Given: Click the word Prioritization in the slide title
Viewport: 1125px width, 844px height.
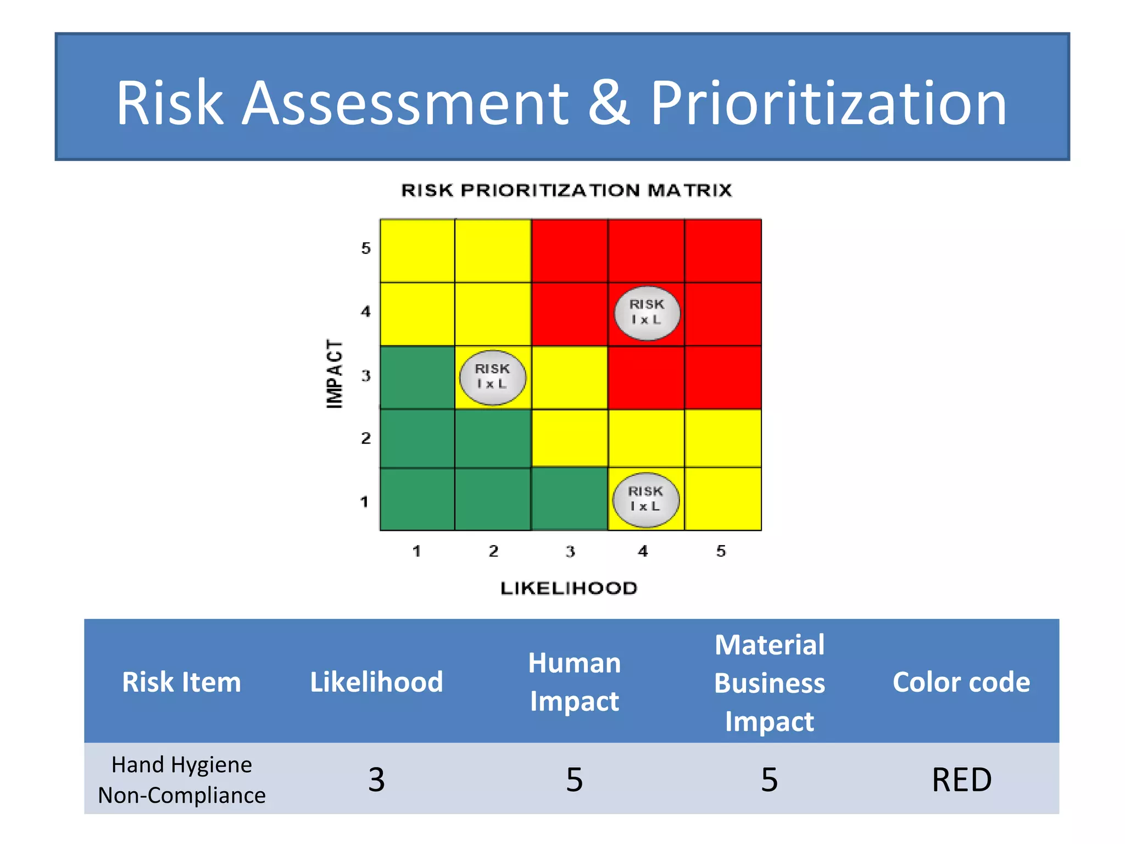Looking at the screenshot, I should coord(828,103).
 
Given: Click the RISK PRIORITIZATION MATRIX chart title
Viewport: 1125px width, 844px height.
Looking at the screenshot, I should coord(566,190).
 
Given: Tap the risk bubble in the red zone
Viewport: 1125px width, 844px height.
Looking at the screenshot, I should coord(647,313).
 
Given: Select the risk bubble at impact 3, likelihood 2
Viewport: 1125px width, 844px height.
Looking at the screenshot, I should coord(492,377).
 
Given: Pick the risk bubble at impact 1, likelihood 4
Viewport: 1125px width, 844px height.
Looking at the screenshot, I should coord(645,499).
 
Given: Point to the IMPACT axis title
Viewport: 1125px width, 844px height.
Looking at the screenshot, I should coord(335,373).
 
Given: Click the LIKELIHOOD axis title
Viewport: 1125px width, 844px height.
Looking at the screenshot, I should coord(569,588).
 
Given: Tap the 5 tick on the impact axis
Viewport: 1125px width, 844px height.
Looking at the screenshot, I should coord(366,248).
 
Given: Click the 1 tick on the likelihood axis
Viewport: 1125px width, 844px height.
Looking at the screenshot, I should coord(417,551).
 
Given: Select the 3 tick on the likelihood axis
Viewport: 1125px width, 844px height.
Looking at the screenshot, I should coord(570,551).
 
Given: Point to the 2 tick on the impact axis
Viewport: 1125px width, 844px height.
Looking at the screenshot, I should coord(366,438).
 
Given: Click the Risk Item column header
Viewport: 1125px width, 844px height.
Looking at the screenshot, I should coord(181,682).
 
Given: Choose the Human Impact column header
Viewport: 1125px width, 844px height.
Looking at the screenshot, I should coord(574,682).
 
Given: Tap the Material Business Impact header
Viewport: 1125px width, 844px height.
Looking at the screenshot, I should coord(769,682).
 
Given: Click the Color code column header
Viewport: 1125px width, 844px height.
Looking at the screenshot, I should coord(961,682).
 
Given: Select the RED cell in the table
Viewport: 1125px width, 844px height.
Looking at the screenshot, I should coord(961,779).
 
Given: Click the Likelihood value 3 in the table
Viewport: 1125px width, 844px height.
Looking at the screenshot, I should coord(376,779).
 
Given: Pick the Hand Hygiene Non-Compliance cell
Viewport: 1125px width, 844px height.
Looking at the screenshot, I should coord(181,779).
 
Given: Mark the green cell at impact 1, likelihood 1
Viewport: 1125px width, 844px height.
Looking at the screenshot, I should coord(417,499).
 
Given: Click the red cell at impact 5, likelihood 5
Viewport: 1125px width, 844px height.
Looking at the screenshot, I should coord(723,251).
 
